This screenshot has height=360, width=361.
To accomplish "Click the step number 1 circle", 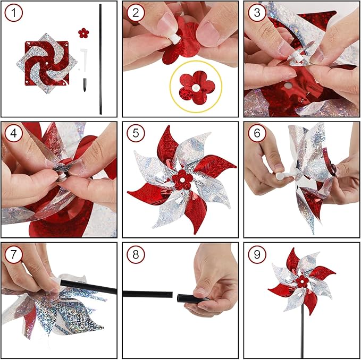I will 14,14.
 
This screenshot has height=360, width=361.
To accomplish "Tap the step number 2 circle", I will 135,14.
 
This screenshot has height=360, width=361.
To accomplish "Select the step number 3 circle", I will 256,14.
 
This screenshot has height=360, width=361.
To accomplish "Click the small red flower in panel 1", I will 82,33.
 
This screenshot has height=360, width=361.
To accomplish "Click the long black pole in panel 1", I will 100,58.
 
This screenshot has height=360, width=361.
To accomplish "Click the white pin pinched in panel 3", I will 292,52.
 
